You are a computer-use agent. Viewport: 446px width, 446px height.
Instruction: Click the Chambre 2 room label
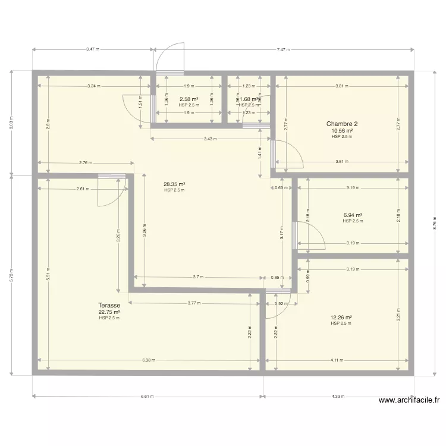[342, 124]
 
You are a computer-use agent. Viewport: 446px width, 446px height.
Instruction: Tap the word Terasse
[109, 305]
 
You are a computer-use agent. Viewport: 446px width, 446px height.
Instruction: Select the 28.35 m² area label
[174, 184]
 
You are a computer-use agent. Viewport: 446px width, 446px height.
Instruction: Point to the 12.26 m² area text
[341, 318]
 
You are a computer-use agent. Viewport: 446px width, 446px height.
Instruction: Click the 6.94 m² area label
[353, 215]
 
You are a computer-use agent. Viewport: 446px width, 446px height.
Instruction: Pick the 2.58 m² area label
[189, 99]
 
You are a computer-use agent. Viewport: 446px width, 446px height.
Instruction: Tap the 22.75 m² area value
[109, 312]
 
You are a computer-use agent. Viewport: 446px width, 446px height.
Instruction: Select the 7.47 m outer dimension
[283, 50]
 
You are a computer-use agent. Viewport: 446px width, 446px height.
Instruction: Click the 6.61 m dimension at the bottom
[147, 396]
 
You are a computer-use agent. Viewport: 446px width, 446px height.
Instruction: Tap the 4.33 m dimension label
[338, 396]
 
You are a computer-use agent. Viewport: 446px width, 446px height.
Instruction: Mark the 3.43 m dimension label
[211, 139]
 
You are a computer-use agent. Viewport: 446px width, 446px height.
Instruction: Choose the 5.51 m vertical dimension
[47, 273]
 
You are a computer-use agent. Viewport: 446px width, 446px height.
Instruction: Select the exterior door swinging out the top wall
[171, 59]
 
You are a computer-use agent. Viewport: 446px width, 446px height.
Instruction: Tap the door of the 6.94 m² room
[308, 235]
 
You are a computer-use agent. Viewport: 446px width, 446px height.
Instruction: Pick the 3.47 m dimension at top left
[92, 50]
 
